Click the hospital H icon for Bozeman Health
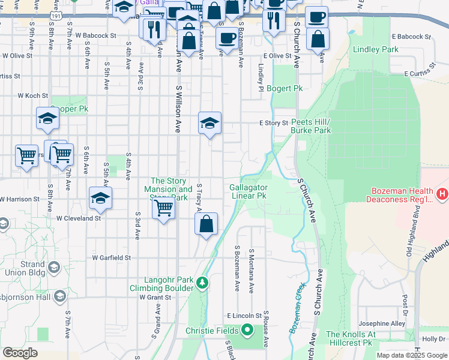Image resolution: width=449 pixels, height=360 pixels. (x=442, y=194)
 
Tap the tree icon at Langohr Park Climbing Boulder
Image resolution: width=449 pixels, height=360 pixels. (x=203, y=282)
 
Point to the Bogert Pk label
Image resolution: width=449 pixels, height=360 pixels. (x=285, y=88)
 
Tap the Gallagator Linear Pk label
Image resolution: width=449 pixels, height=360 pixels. (x=248, y=191)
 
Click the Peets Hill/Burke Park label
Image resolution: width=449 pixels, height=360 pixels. (x=310, y=126)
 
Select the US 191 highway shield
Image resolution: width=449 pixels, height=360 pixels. (x=55, y=19)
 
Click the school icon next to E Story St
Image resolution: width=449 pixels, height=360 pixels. (x=209, y=124)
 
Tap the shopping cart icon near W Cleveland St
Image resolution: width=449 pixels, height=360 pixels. (x=163, y=208)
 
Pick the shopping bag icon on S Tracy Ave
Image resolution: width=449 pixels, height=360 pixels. (x=206, y=225)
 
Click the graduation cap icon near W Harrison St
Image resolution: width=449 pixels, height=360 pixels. (x=100, y=199)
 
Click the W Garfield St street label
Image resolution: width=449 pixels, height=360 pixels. (x=111, y=258)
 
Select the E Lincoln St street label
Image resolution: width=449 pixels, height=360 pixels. (x=244, y=315)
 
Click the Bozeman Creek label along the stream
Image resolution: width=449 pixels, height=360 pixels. (x=298, y=317)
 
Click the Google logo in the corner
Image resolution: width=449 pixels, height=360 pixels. (x=20, y=352)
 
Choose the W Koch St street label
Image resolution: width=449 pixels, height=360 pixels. (x=32, y=95)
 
